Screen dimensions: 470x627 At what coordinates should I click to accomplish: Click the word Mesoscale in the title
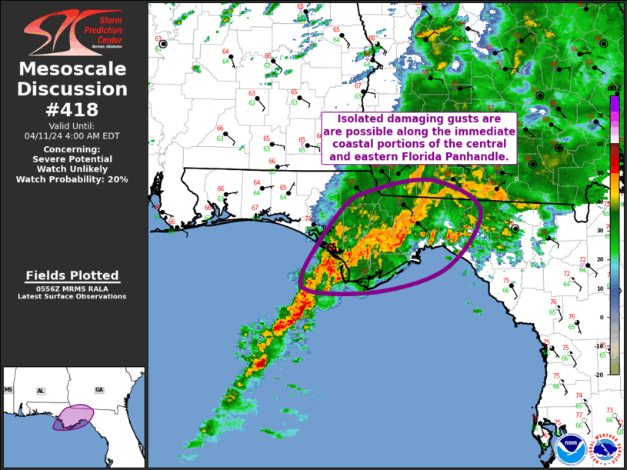point(73,70)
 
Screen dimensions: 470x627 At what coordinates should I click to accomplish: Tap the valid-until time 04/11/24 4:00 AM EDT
point(73,135)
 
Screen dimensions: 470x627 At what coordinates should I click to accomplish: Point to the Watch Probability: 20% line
point(73,179)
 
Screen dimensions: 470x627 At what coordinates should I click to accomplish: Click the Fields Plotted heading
point(73,275)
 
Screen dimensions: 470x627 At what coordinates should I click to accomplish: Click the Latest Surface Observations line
point(73,296)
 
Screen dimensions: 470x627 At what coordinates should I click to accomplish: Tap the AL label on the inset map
point(41,391)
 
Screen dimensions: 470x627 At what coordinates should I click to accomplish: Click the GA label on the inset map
point(98,390)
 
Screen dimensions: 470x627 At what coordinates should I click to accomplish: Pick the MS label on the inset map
point(9,390)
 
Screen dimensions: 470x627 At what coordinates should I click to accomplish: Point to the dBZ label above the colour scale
point(614,89)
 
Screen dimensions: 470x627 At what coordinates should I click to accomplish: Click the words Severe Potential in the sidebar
point(73,158)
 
